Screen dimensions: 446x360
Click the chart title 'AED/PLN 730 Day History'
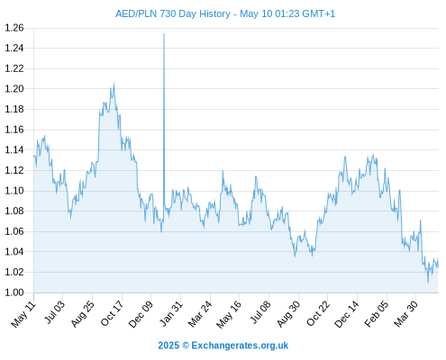coord(173,13)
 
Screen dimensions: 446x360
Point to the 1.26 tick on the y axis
coord(14,28)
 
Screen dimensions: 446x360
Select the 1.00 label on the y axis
coord(14,292)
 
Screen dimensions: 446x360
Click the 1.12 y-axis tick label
coord(14,170)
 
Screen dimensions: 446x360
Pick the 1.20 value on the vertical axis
coord(14,89)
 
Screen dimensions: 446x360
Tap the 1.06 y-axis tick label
coord(14,231)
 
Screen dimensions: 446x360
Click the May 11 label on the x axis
coord(23,314)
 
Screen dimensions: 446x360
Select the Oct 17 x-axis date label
coord(112,313)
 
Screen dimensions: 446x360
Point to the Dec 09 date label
coord(141,314)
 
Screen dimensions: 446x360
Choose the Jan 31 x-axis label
coord(171,313)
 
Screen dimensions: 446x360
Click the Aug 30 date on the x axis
coord(288,314)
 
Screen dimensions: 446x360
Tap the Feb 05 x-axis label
coord(377,314)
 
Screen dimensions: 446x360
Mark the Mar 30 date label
coord(406,314)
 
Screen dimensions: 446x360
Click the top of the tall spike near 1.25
coord(164,34)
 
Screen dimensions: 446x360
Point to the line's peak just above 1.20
coord(114,83)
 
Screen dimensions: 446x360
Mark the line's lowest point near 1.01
coord(428,283)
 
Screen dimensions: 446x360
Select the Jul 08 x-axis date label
coord(260,313)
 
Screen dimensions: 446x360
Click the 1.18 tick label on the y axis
coord(14,109)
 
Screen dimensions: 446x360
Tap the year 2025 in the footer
coord(168,346)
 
